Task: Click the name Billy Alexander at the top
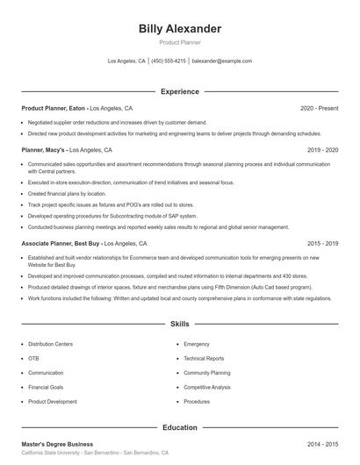180,28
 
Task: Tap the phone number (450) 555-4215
169,61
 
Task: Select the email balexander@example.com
222,61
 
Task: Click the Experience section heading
180,91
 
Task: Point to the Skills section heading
180,324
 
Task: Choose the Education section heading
180,427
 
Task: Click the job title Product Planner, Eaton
53,108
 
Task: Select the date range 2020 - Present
319,108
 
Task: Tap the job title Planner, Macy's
44,150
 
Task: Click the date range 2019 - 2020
322,150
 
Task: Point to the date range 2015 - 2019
322,243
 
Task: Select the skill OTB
34,359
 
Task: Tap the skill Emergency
197,345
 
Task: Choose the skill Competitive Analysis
207,387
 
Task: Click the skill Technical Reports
204,359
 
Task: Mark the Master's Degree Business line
57,444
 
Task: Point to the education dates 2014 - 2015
322,444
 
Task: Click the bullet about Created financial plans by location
61,193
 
